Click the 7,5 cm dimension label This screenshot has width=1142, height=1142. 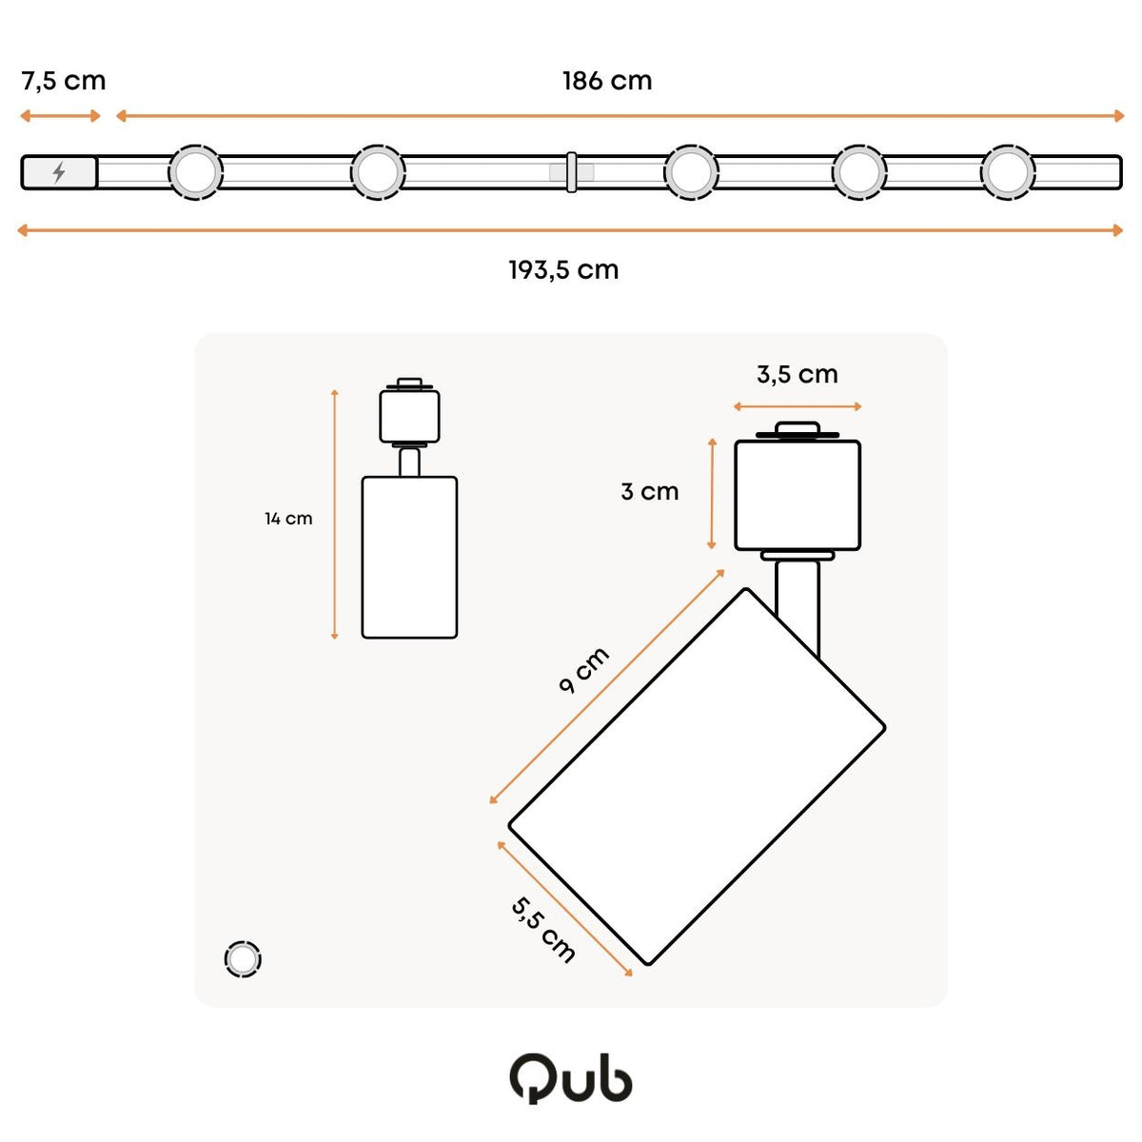tap(64, 81)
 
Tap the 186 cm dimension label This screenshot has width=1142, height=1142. tap(607, 81)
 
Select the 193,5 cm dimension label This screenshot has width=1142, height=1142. tap(563, 270)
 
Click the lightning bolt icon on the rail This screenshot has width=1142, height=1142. tap(59, 172)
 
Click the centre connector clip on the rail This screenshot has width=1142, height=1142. tap(571, 172)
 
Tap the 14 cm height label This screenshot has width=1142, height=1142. tap(288, 519)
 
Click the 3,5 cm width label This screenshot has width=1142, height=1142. tap(797, 375)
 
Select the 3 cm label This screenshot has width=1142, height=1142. tap(650, 491)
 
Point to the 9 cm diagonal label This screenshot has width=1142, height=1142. tap(583, 670)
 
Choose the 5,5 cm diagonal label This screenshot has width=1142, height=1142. tap(542, 930)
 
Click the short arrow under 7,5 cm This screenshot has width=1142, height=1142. tap(60, 115)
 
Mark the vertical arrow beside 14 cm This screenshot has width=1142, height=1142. tap(334, 515)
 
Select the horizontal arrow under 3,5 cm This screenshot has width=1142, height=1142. tap(797, 406)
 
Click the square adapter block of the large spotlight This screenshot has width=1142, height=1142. tap(797, 496)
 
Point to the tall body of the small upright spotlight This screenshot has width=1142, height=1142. tap(409, 557)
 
